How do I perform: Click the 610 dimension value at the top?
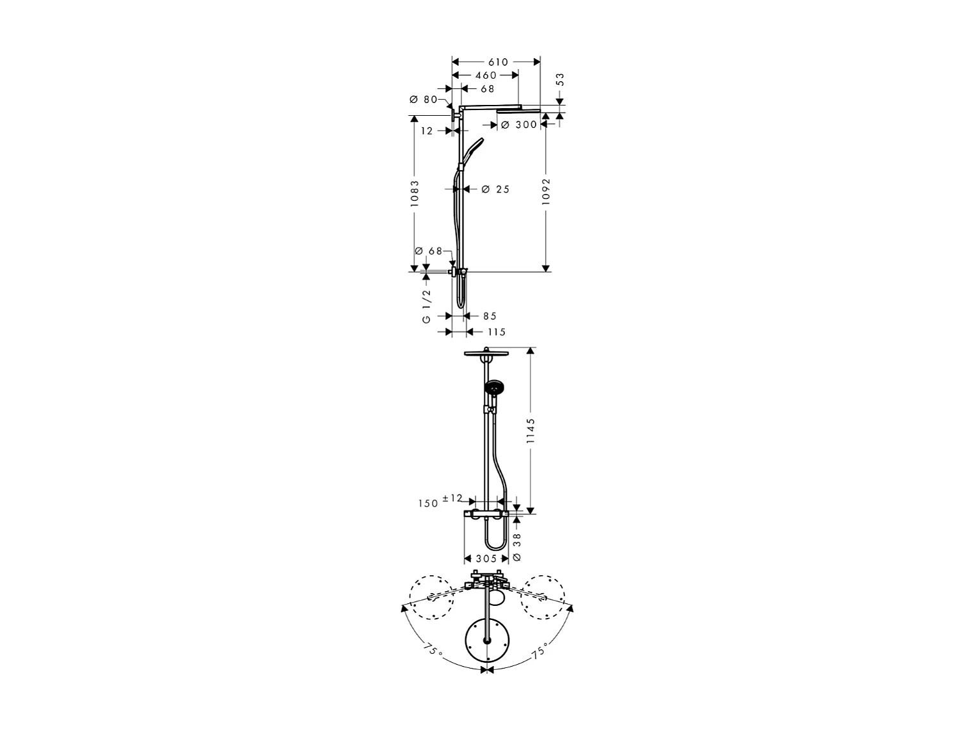click(x=499, y=63)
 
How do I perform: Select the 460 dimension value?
click(x=486, y=76)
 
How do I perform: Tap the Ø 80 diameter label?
click(x=423, y=100)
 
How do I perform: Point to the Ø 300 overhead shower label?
click(x=519, y=125)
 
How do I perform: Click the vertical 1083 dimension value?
click(x=415, y=193)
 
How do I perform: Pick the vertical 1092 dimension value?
click(x=547, y=191)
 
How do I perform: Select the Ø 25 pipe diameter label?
click(x=496, y=189)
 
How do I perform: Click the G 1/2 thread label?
click(x=426, y=306)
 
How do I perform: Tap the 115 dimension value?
click(x=497, y=332)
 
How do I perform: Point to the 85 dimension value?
click(x=490, y=316)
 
